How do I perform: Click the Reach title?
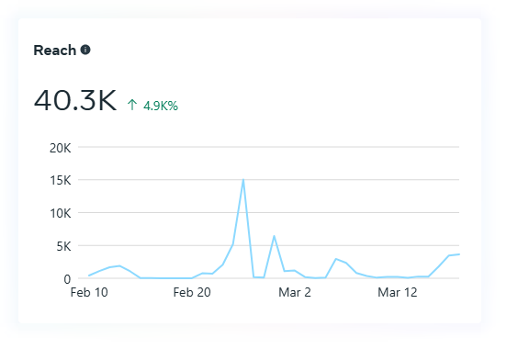tap(55, 51)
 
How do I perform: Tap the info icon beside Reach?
tap(85, 50)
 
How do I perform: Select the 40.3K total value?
tap(75, 100)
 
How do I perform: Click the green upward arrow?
tap(132, 105)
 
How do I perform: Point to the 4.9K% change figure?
tap(161, 106)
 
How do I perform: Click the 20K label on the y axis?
tap(60, 148)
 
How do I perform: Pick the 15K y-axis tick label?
tap(60, 180)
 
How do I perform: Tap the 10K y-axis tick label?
tap(60, 213)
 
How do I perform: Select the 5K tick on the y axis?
tap(63, 246)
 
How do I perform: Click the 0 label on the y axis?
tap(67, 279)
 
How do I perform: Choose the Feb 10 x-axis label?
tap(89, 292)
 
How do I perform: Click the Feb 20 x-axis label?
tap(192, 292)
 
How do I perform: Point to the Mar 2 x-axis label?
tap(295, 292)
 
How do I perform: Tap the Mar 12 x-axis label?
tap(398, 292)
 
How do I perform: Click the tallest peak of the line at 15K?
tap(243, 180)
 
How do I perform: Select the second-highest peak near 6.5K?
tap(274, 236)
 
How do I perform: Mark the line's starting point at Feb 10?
tap(89, 276)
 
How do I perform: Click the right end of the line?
tap(459, 254)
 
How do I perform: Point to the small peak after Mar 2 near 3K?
tap(335, 259)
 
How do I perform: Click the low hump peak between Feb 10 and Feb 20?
tap(119, 265)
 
